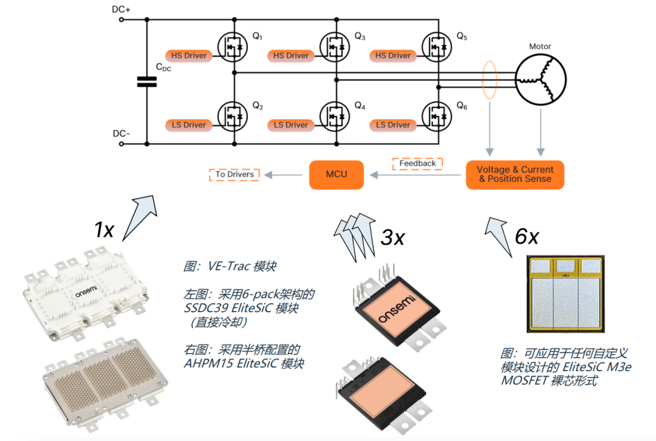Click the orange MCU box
[336, 174]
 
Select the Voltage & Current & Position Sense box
[514, 174]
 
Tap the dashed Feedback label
[417, 163]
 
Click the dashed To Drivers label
[234, 174]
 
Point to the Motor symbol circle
[540, 79]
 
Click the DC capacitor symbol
[146, 81]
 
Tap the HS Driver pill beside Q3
[291, 55]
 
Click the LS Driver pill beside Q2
[189, 125]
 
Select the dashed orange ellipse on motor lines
[490, 79]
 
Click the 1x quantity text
[104, 230]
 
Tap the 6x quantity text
[526, 236]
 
